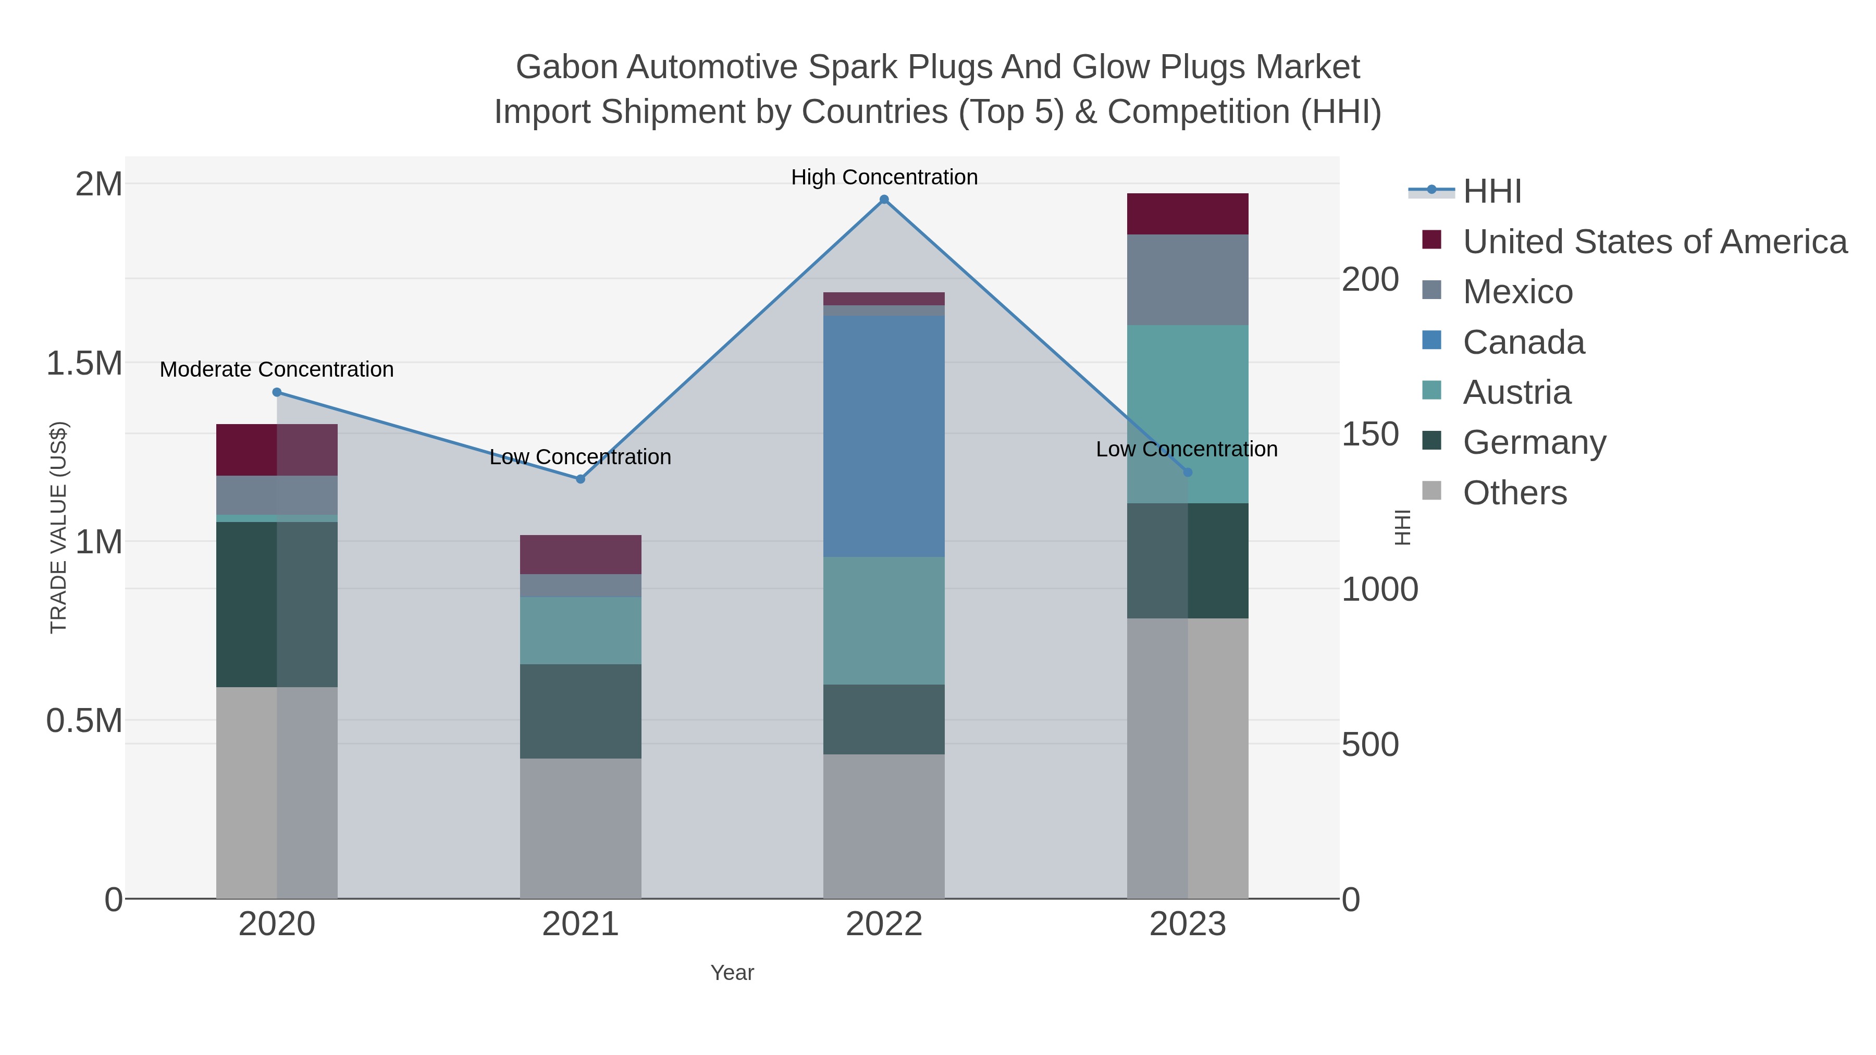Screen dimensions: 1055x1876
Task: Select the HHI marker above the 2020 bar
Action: tap(277, 392)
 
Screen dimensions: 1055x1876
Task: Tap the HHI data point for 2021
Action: tap(581, 479)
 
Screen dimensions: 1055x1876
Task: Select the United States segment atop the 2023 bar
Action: tap(1187, 214)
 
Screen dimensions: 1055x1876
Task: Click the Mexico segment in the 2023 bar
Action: tap(1187, 280)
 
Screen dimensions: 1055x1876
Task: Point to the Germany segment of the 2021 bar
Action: tap(581, 711)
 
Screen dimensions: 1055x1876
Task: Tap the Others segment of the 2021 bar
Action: tap(581, 828)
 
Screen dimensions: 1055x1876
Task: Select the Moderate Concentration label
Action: tap(277, 370)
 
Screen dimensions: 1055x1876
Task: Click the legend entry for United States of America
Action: tap(1654, 242)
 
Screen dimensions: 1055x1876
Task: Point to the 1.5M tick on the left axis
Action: tap(84, 363)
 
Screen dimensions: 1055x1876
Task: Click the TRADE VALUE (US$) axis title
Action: tap(58, 528)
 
